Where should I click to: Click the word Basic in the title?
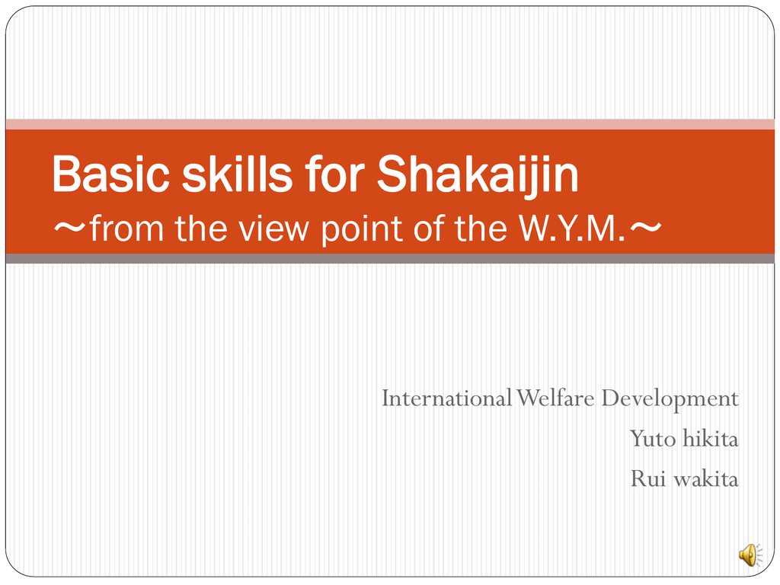coord(111,174)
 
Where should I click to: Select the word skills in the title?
coord(237,174)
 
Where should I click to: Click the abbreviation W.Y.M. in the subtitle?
coord(571,229)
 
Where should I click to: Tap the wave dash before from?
coord(70,228)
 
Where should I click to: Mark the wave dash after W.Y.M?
coord(646,228)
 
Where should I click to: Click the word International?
coord(446,398)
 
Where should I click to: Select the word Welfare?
coord(555,398)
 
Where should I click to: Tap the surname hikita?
coord(711,438)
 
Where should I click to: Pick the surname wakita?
coord(705,478)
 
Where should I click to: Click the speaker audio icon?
coord(750,555)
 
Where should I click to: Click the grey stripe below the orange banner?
coord(390,259)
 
